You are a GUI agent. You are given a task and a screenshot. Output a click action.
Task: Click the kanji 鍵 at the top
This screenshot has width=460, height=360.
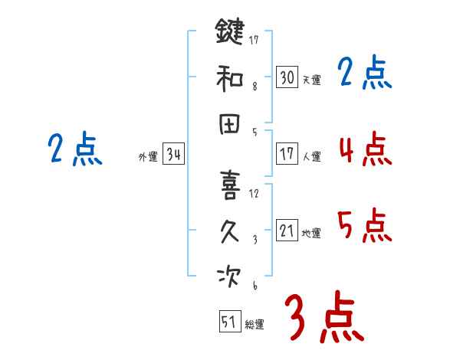tap(229, 34)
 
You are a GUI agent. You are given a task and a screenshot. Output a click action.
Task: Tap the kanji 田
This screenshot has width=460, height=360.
tap(229, 124)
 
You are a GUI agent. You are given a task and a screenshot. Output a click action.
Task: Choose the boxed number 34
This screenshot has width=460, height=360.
tap(173, 154)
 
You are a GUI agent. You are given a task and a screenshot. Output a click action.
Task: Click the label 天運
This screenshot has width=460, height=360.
tap(311, 80)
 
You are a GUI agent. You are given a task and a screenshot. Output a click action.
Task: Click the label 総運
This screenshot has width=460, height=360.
tap(255, 325)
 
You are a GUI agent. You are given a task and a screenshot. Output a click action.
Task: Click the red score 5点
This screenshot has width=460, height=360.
tap(365, 225)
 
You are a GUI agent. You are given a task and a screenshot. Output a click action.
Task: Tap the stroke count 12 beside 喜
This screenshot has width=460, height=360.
tap(254, 193)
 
